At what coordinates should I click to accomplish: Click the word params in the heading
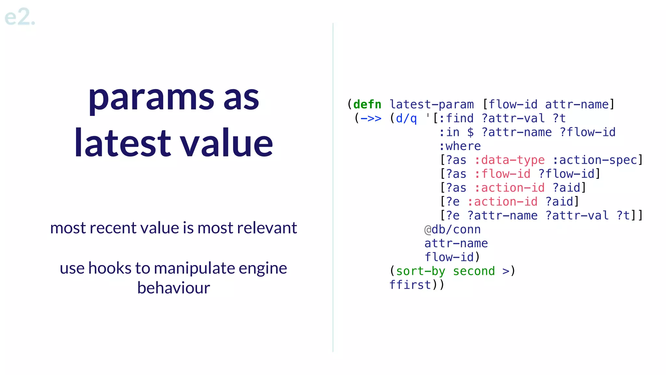[x=151, y=98]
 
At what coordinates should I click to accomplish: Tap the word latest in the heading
[x=122, y=143]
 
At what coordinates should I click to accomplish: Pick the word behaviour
[x=173, y=288]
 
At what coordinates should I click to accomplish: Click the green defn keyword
[x=367, y=104]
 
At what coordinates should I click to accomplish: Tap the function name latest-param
[x=432, y=104]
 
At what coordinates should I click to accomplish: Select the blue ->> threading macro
[x=371, y=118]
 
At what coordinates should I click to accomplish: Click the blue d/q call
[x=406, y=118]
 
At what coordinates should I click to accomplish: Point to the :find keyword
[x=456, y=118]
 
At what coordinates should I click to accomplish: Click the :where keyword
[x=460, y=146]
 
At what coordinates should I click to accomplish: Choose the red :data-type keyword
[x=509, y=160]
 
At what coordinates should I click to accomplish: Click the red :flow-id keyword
[x=502, y=174]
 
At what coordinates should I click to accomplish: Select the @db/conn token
[x=452, y=229]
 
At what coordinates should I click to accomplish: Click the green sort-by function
[x=420, y=271]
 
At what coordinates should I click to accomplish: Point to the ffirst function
[x=410, y=285]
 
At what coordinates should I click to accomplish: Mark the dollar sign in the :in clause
[x=470, y=132]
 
